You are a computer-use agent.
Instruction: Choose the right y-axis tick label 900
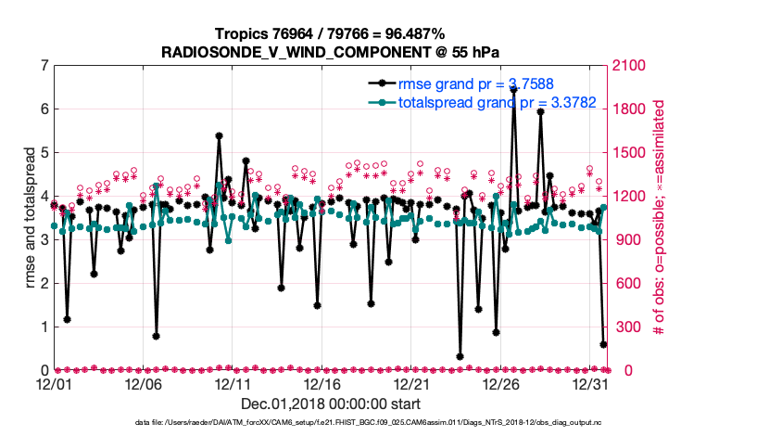pyautogui.click(x=624, y=240)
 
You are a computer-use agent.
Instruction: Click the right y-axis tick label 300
pyautogui.click(x=624, y=327)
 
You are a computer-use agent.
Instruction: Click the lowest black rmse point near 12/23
pyautogui.click(x=460, y=356)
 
